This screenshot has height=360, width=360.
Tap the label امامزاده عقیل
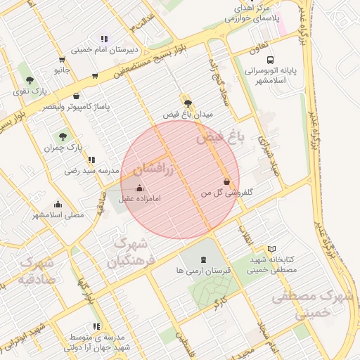(139, 199)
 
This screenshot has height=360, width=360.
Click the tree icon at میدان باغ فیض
(187, 102)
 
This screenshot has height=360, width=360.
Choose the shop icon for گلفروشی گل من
(226, 181)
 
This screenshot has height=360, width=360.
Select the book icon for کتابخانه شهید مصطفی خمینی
(272, 249)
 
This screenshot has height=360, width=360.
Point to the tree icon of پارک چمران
(63, 136)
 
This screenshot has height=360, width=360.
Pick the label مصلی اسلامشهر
(58, 214)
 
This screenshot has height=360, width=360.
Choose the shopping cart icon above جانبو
(62, 60)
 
